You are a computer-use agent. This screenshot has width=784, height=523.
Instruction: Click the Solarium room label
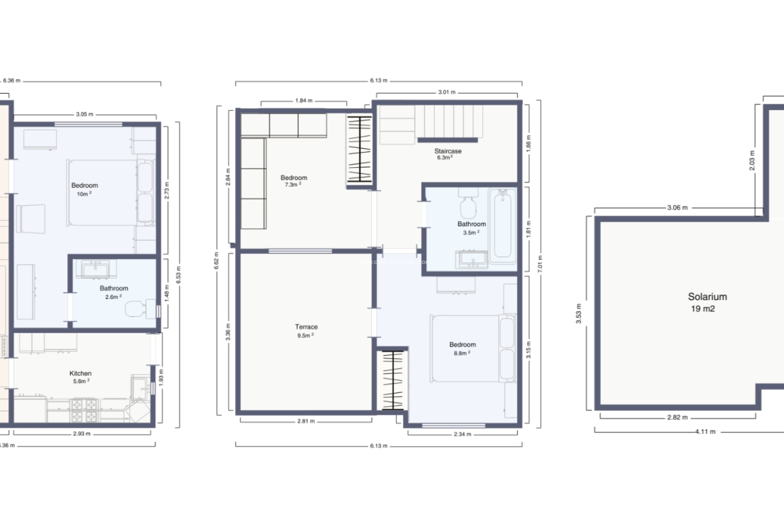click(x=707, y=297)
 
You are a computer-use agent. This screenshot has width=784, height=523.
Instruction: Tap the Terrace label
click(x=306, y=327)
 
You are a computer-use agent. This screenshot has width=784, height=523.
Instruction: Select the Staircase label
click(x=448, y=151)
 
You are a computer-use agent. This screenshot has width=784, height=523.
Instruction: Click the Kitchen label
click(x=80, y=373)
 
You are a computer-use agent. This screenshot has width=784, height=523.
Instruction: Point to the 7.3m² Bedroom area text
click(x=293, y=185)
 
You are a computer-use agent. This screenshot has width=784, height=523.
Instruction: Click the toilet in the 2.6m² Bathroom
click(x=138, y=309)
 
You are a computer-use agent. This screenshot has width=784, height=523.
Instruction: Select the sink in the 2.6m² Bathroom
click(x=96, y=270)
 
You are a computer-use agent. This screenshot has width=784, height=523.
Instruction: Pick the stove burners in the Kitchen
click(x=84, y=410)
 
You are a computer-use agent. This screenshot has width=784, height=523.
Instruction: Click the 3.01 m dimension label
click(x=447, y=92)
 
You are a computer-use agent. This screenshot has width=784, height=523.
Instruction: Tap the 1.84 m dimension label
click(x=304, y=101)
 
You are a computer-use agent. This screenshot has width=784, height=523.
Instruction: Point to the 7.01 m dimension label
click(x=540, y=264)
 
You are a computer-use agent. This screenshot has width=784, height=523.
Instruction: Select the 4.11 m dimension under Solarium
click(x=705, y=431)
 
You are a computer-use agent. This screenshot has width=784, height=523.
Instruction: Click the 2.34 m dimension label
click(x=462, y=434)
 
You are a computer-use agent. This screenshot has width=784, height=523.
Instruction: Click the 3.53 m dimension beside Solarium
click(x=579, y=314)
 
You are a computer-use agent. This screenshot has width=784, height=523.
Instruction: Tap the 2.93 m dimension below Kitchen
click(x=82, y=434)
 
